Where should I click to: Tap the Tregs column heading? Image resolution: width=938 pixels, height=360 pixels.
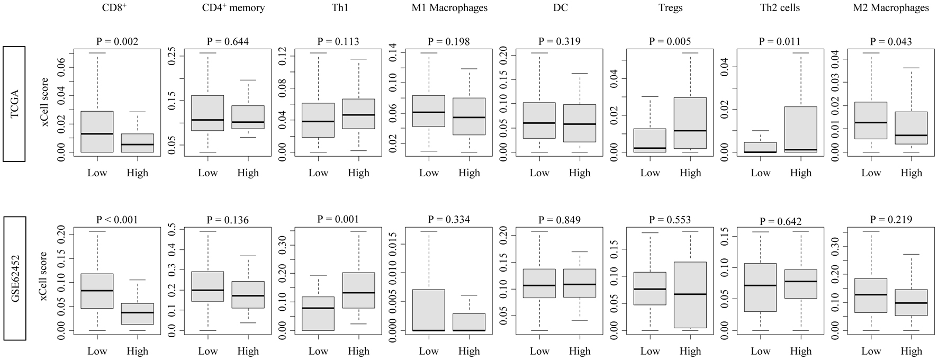pyautogui.click(x=670, y=8)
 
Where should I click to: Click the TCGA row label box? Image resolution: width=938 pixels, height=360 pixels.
pyautogui.click(x=14, y=103)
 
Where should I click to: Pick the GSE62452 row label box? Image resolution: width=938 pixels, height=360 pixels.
pyautogui.click(x=14, y=278)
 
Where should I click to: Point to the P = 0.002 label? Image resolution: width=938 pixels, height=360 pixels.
pyautogui.click(x=117, y=41)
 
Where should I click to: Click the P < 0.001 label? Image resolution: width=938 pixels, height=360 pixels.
pyautogui.click(x=117, y=220)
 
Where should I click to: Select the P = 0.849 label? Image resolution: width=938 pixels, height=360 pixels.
pyautogui.click(x=560, y=220)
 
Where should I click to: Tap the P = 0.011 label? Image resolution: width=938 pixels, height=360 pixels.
pyautogui.click(x=781, y=41)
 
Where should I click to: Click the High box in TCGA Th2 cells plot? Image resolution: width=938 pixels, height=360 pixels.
pyautogui.click(x=800, y=129)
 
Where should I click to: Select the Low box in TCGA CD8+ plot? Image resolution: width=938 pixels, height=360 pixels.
pyautogui.click(x=97, y=131)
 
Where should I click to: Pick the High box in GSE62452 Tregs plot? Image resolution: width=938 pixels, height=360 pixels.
pyautogui.click(x=690, y=295)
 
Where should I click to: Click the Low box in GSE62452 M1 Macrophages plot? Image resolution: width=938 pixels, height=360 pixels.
pyautogui.click(x=429, y=310)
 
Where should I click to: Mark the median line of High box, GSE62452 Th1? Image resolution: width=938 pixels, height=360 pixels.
pyautogui.click(x=358, y=293)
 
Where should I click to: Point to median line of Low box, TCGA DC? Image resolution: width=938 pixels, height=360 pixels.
pyautogui.click(x=539, y=123)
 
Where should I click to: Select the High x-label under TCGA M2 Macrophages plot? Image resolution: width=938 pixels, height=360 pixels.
pyautogui.click(x=911, y=173)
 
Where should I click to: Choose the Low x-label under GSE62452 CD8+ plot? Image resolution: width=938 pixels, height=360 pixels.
pyautogui.click(x=97, y=351)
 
